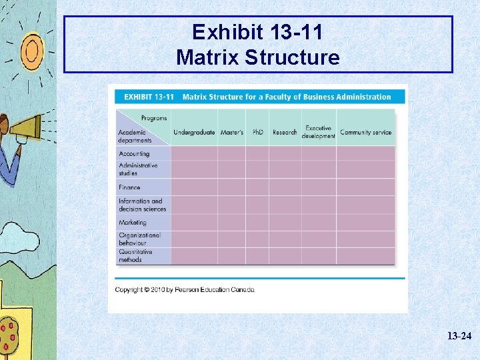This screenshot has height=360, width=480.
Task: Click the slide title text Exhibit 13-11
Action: pyautogui.click(x=257, y=32)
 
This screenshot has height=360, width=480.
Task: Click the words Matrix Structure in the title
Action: pyautogui.click(x=257, y=57)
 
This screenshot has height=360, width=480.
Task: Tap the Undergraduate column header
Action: pyautogui.click(x=194, y=132)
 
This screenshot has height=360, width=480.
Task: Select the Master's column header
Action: pyautogui.click(x=231, y=132)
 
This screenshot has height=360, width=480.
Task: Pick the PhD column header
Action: pyautogui.click(x=258, y=132)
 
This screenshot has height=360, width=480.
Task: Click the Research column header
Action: pyautogui.click(x=285, y=132)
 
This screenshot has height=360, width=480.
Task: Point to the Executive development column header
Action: pyautogui.click(x=318, y=132)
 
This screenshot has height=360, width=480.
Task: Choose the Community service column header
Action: pyautogui.click(x=365, y=132)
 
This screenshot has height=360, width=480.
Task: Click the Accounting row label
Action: pyautogui.click(x=134, y=154)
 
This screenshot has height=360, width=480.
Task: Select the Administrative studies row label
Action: pyautogui.click(x=138, y=169)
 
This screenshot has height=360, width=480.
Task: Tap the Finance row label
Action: pyautogui.click(x=129, y=187)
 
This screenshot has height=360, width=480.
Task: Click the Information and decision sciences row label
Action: pyautogui.click(x=142, y=205)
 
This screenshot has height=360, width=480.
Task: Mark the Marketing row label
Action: pyautogui.click(x=132, y=223)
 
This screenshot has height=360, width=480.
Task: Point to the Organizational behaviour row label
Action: pyautogui.click(x=139, y=239)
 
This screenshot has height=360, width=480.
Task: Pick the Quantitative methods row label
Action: pyautogui.click(x=135, y=256)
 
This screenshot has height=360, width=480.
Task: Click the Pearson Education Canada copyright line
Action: pyautogui.click(x=185, y=289)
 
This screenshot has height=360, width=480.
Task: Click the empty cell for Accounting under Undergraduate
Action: pyautogui.click(x=194, y=153)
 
